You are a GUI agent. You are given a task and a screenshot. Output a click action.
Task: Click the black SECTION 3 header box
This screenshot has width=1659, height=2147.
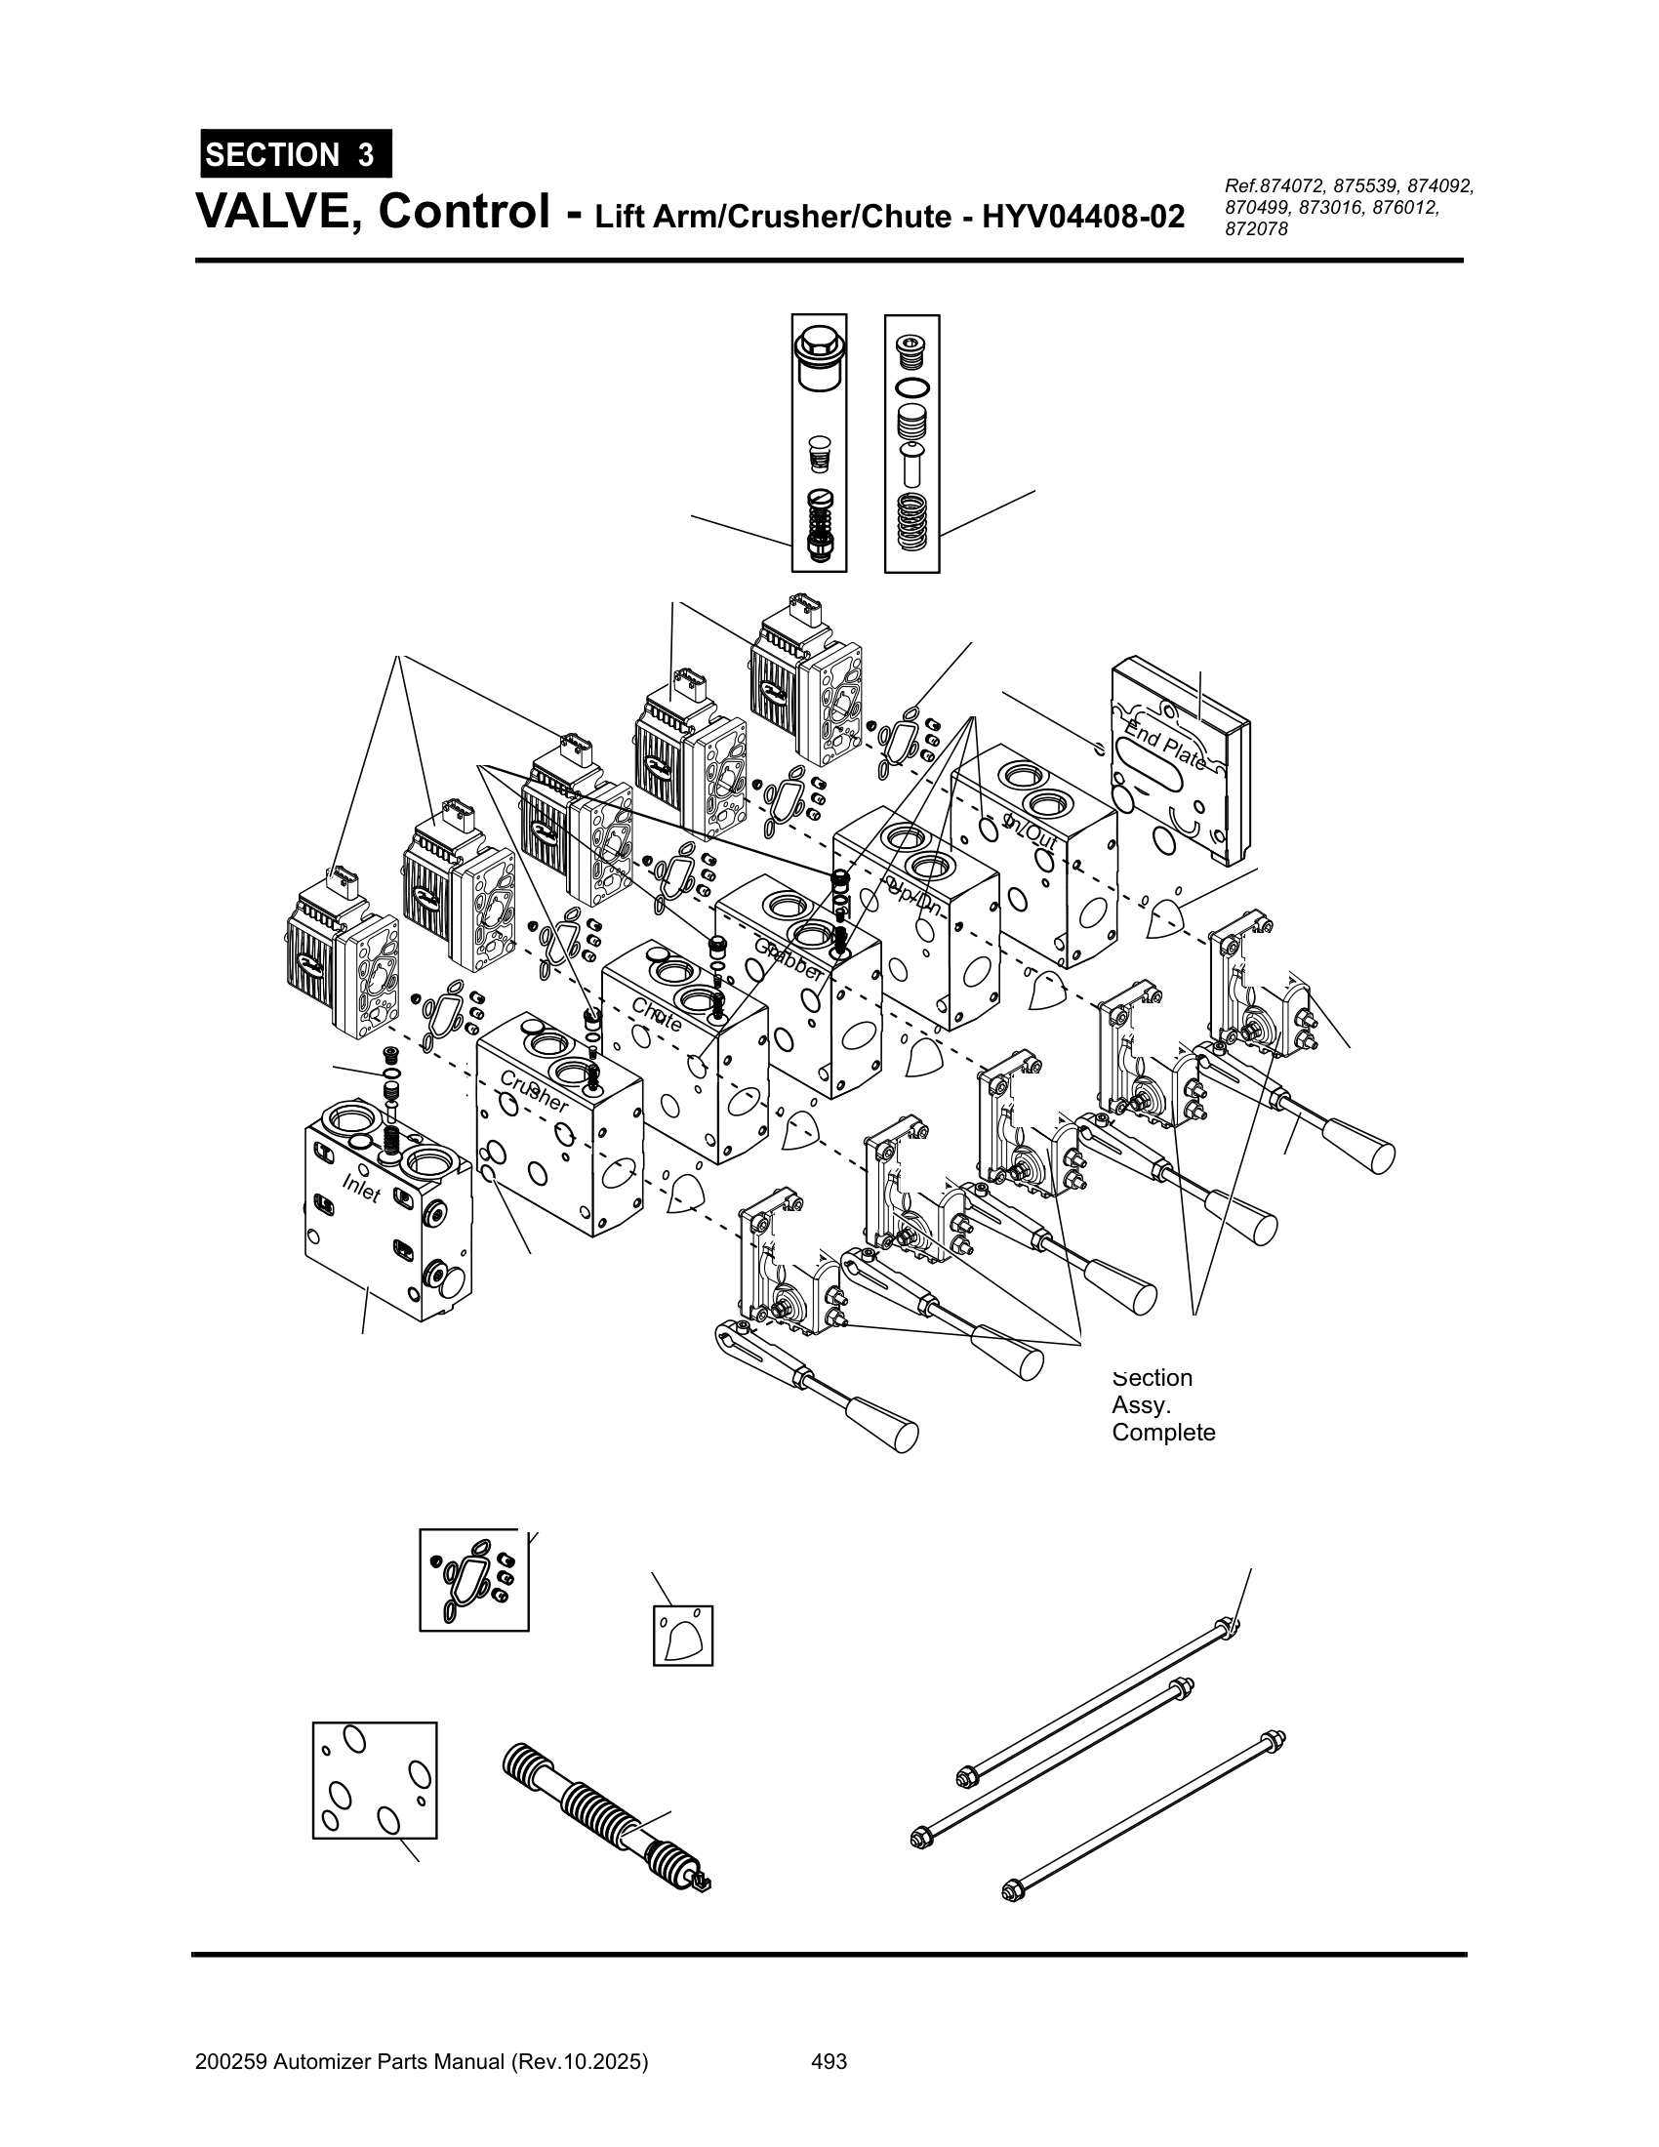(295, 154)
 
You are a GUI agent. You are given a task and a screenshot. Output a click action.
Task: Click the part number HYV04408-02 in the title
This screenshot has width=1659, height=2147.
(1083, 217)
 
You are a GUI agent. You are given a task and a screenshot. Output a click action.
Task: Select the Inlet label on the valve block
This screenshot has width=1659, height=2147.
(361, 1189)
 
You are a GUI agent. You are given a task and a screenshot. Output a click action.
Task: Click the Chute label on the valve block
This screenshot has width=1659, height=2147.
(657, 1016)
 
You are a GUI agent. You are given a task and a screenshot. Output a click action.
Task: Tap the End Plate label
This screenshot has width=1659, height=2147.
(1165, 746)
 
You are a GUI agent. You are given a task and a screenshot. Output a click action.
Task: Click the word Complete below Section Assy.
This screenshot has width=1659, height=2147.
(1162, 1433)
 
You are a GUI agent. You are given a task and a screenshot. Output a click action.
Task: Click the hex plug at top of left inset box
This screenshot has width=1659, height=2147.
(819, 353)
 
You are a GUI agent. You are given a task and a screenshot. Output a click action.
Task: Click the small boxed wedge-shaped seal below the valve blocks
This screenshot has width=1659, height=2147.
(682, 1636)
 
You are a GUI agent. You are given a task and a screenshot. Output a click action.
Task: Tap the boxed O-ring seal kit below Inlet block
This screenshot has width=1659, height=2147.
(473, 1580)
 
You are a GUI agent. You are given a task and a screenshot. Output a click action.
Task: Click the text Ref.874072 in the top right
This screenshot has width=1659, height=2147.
(1275, 185)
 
